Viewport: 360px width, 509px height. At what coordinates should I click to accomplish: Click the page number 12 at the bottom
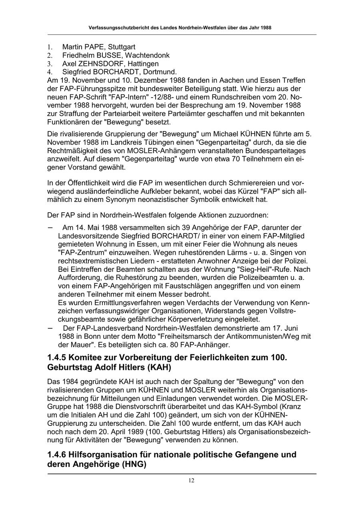click(x=192, y=480)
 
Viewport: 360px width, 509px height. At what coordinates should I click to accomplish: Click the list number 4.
click(x=50, y=72)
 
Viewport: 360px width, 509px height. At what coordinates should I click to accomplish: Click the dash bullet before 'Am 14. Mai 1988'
click(x=50, y=227)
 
